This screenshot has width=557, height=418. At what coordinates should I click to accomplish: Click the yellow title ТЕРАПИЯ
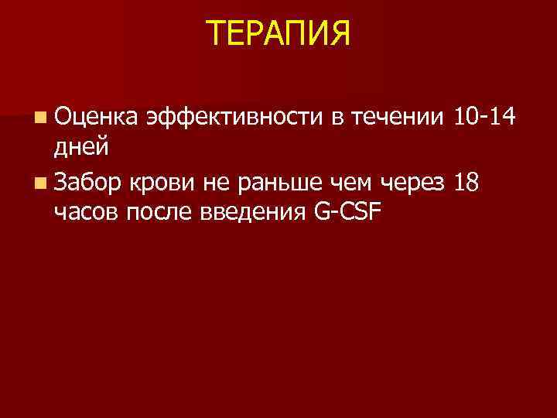(x=278, y=33)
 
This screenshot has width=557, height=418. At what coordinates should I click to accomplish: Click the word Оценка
(x=96, y=118)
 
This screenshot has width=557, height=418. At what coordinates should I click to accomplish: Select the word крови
(x=158, y=183)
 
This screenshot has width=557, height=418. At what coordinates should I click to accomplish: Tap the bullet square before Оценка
(x=39, y=118)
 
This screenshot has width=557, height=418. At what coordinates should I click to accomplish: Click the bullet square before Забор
(x=39, y=183)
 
